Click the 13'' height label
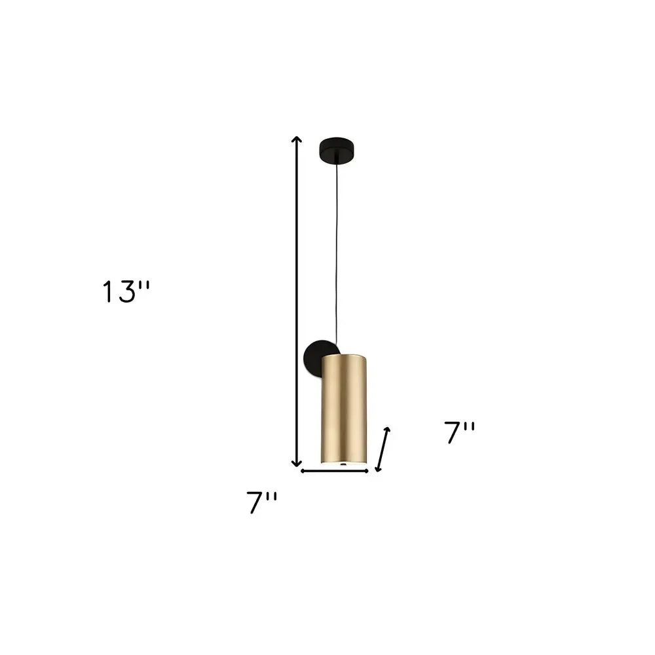(x=126, y=291)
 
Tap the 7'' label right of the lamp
(x=460, y=433)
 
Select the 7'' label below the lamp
(x=263, y=502)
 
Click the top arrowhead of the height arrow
(x=297, y=140)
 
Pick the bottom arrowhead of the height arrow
(x=297, y=462)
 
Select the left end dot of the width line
(x=302, y=470)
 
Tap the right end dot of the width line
(x=367, y=470)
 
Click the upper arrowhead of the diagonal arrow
(x=388, y=430)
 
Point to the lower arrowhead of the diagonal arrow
(x=378, y=468)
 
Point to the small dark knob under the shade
(x=344, y=464)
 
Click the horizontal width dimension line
(x=334, y=470)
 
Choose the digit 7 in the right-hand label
(x=453, y=433)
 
